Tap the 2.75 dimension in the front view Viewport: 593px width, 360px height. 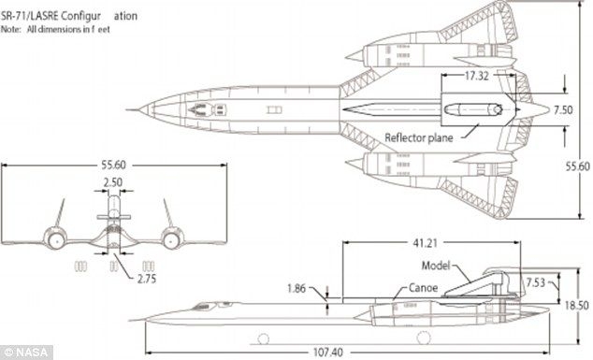(145, 278)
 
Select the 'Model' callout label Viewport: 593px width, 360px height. (424, 266)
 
